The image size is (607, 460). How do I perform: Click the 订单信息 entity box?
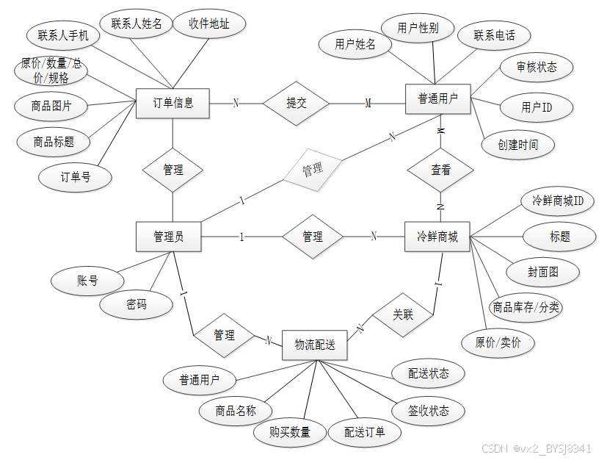tap(173, 103)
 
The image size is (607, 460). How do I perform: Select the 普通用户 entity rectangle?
tap(438, 98)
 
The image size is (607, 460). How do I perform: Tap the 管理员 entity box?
tap(169, 237)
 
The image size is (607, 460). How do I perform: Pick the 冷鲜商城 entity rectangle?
tap(437, 237)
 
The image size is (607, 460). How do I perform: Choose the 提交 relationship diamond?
tap(297, 103)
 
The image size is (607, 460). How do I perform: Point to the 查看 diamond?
tap(441, 170)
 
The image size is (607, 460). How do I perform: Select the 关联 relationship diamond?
tap(403, 315)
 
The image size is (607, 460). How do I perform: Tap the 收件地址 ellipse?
tap(209, 24)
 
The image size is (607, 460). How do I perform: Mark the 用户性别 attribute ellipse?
tap(418, 29)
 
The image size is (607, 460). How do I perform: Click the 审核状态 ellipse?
tap(537, 67)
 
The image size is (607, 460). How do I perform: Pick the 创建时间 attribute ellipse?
tap(518, 145)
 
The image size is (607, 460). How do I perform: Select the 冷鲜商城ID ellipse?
tap(558, 200)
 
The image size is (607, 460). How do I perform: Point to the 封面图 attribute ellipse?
tap(543, 272)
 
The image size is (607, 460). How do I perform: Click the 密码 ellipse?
tap(137, 304)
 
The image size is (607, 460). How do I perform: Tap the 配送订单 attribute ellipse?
tap(365, 432)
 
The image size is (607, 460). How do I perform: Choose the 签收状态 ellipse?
tap(429, 410)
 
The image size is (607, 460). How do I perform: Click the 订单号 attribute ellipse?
tap(76, 176)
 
